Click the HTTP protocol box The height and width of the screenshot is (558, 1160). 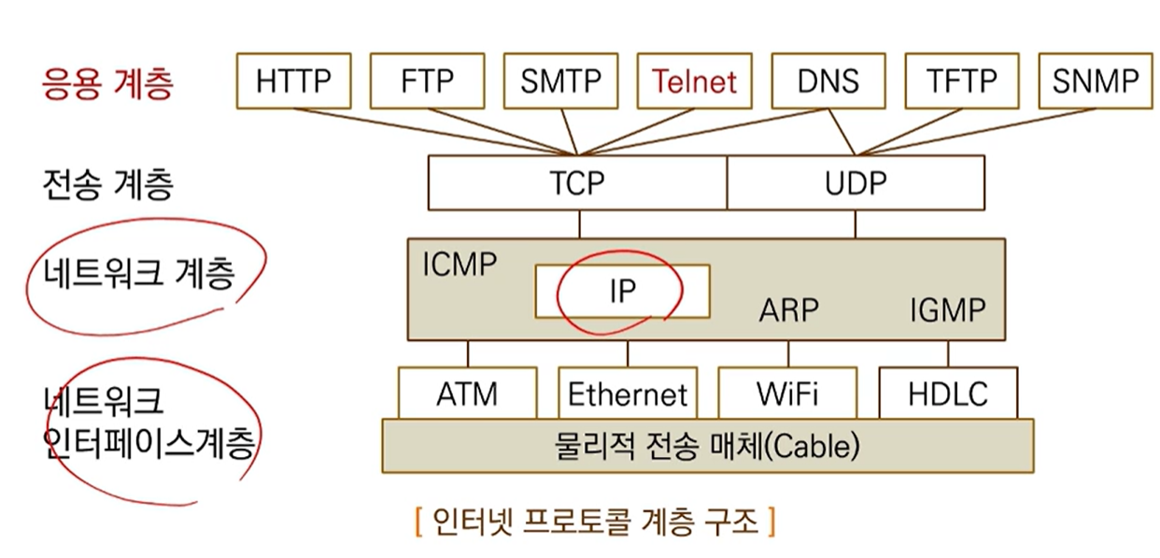(x=293, y=81)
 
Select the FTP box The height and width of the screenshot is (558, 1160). (x=427, y=81)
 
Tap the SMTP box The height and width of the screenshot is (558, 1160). (x=560, y=81)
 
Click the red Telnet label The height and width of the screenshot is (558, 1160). (x=694, y=82)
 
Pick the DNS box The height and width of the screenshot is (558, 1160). (x=828, y=81)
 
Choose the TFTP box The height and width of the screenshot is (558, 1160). (x=961, y=81)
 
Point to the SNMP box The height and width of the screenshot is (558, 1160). (x=1095, y=81)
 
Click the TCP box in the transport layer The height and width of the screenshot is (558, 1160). (x=577, y=182)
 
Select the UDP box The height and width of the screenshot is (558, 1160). (x=856, y=182)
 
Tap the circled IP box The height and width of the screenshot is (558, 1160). (x=622, y=291)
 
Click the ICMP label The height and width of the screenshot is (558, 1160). (x=459, y=265)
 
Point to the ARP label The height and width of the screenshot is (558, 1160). (x=790, y=310)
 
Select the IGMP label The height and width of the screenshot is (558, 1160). (x=947, y=310)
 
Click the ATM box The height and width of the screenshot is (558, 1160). (x=467, y=393)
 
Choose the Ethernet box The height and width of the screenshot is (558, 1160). (x=628, y=393)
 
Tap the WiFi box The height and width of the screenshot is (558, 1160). (x=787, y=393)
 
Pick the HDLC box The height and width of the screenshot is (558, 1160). (x=947, y=393)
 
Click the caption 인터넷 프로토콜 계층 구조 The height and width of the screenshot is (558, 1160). (x=594, y=520)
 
